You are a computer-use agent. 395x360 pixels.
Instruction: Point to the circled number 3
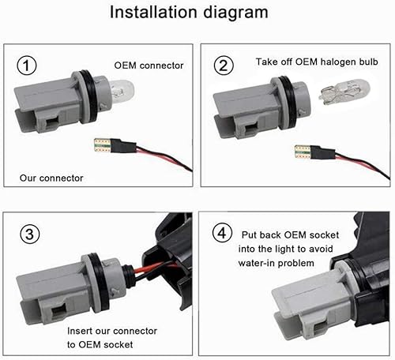pos(29,234)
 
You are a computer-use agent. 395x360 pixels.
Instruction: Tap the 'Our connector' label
pos(51,178)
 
